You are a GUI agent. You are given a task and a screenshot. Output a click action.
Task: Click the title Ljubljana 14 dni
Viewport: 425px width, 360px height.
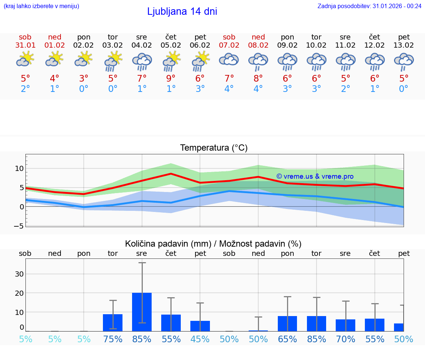point(182,11)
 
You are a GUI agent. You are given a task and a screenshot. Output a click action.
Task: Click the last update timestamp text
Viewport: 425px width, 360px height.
point(369,6)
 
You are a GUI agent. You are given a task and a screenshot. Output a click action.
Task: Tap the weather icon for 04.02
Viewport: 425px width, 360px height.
point(142,62)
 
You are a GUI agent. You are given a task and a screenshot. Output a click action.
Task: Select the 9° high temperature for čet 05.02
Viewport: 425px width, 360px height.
point(171,78)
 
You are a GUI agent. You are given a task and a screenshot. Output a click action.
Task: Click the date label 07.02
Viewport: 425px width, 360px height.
point(229,45)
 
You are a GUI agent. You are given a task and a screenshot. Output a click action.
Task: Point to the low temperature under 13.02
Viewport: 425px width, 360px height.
point(404,89)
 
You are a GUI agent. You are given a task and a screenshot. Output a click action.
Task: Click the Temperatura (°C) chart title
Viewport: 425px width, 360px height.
point(214,148)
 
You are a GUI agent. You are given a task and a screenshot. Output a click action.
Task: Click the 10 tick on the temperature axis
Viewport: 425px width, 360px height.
point(19,169)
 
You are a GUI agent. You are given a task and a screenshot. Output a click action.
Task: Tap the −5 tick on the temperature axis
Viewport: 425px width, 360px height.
point(19,226)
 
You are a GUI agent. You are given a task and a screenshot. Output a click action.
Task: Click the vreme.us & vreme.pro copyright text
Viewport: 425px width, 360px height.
point(315,176)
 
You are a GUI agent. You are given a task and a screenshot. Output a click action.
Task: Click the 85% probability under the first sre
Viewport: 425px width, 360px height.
point(142,339)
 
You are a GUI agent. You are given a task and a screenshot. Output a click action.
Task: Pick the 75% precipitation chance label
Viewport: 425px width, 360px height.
point(113,339)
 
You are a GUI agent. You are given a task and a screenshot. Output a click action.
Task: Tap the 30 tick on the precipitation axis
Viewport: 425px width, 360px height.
point(19,274)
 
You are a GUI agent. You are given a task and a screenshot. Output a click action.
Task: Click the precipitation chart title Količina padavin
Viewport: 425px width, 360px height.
point(213,244)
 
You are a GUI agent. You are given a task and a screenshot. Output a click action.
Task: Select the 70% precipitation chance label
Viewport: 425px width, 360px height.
point(346,339)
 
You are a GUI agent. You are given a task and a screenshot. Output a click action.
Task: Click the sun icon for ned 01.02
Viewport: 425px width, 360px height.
point(55,59)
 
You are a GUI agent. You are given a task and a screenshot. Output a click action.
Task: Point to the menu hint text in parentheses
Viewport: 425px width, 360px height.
point(41,6)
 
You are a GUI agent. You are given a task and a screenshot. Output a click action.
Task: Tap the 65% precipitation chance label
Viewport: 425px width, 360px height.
point(287,339)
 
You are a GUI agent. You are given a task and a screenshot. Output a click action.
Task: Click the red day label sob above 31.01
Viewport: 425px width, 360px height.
point(25,37)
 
